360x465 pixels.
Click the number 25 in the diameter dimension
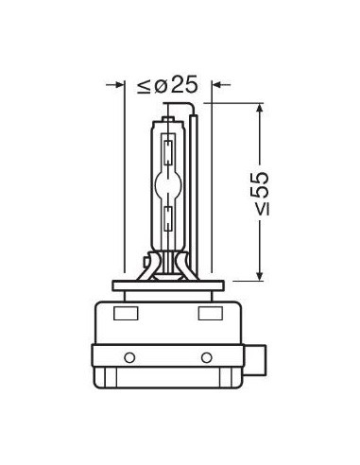coord(184,84)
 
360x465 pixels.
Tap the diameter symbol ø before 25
coord(161,85)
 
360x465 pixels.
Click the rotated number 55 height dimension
coord(259,183)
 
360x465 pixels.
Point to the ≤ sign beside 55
coord(262,209)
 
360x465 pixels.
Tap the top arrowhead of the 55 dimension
coord(259,109)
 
